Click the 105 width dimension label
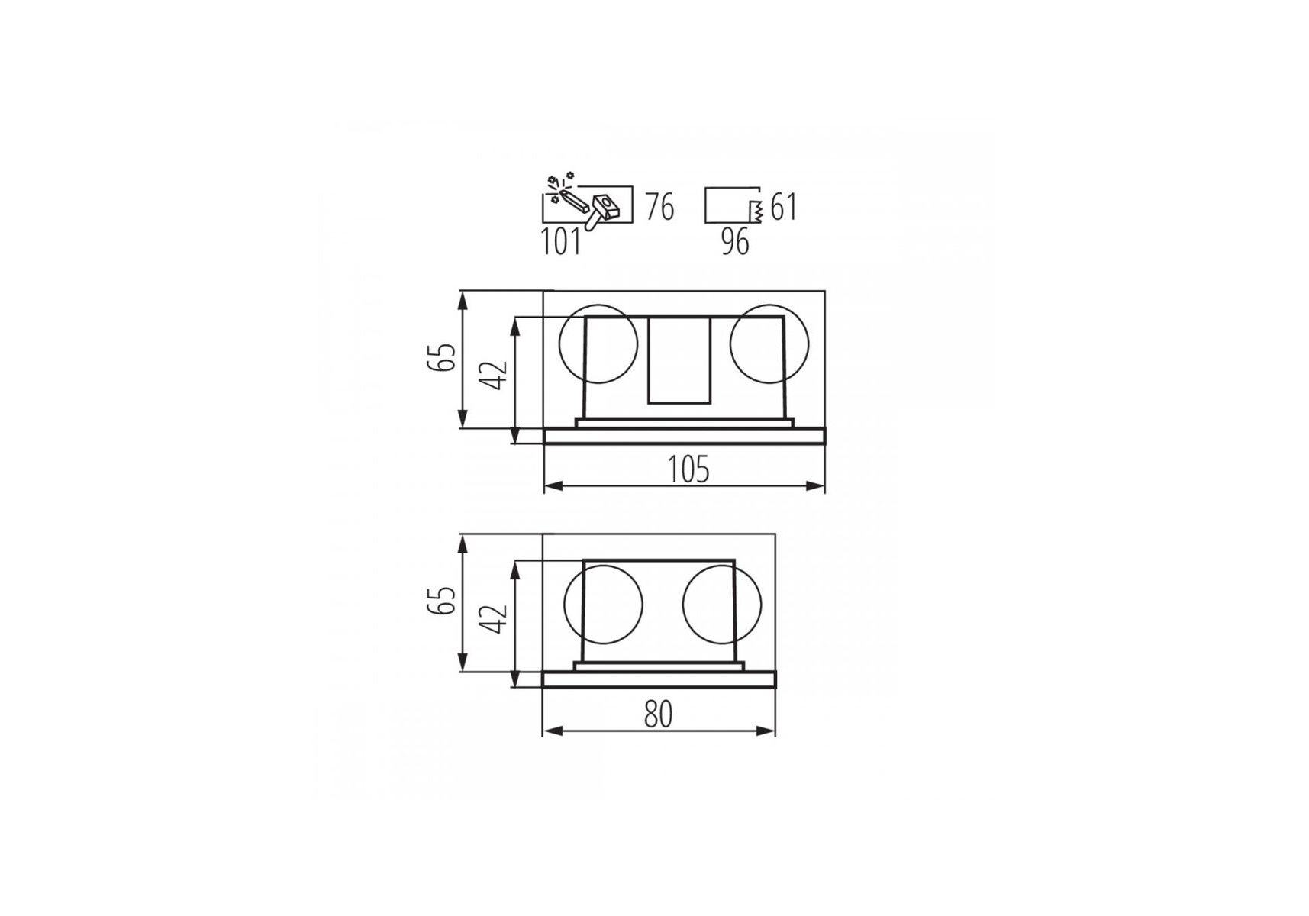(x=688, y=469)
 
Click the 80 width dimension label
(x=658, y=714)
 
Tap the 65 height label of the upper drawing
(x=442, y=357)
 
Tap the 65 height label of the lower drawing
(x=442, y=600)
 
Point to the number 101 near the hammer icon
(x=561, y=241)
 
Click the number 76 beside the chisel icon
(x=659, y=207)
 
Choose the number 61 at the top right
(x=784, y=207)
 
